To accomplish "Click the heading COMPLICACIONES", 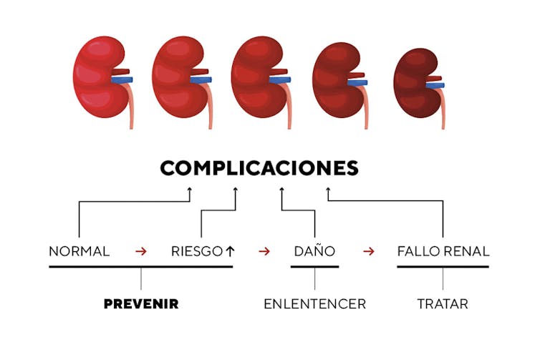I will [x=259, y=168].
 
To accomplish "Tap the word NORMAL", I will [x=79, y=251].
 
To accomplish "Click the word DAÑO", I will [x=314, y=251].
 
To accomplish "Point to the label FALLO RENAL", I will [x=443, y=251].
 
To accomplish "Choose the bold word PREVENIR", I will [x=141, y=304].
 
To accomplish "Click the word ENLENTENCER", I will [x=314, y=304].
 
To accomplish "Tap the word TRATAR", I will [x=443, y=304].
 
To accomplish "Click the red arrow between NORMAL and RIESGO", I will [x=141, y=251].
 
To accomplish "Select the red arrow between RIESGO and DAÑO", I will [x=264, y=251].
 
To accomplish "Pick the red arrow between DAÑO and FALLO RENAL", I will [x=369, y=251].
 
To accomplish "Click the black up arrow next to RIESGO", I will [x=230, y=251].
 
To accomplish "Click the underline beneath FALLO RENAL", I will [x=443, y=266].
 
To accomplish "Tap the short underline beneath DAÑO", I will [x=314, y=266].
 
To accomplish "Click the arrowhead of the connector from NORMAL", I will [x=190, y=190].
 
